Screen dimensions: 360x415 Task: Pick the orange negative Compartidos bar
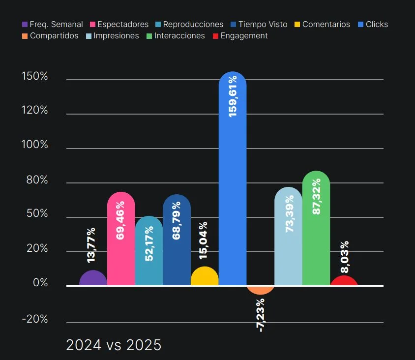261,290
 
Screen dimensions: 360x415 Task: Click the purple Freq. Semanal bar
93,278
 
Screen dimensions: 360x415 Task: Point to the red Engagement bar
344,281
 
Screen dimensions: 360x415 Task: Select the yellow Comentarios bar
205,277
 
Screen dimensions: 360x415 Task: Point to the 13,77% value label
91,244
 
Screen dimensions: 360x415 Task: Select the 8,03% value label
345,256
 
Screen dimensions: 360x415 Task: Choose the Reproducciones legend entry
189,24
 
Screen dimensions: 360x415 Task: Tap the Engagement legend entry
240,35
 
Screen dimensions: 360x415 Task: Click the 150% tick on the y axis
34,76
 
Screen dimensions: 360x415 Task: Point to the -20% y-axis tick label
34,319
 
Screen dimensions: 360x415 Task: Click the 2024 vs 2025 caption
114,345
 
